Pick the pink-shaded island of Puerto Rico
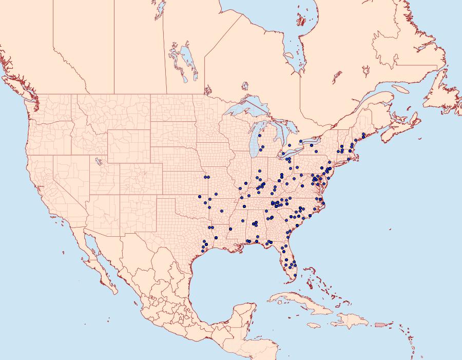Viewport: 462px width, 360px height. point(379,325)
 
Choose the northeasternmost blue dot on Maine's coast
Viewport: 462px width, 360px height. point(363,135)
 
